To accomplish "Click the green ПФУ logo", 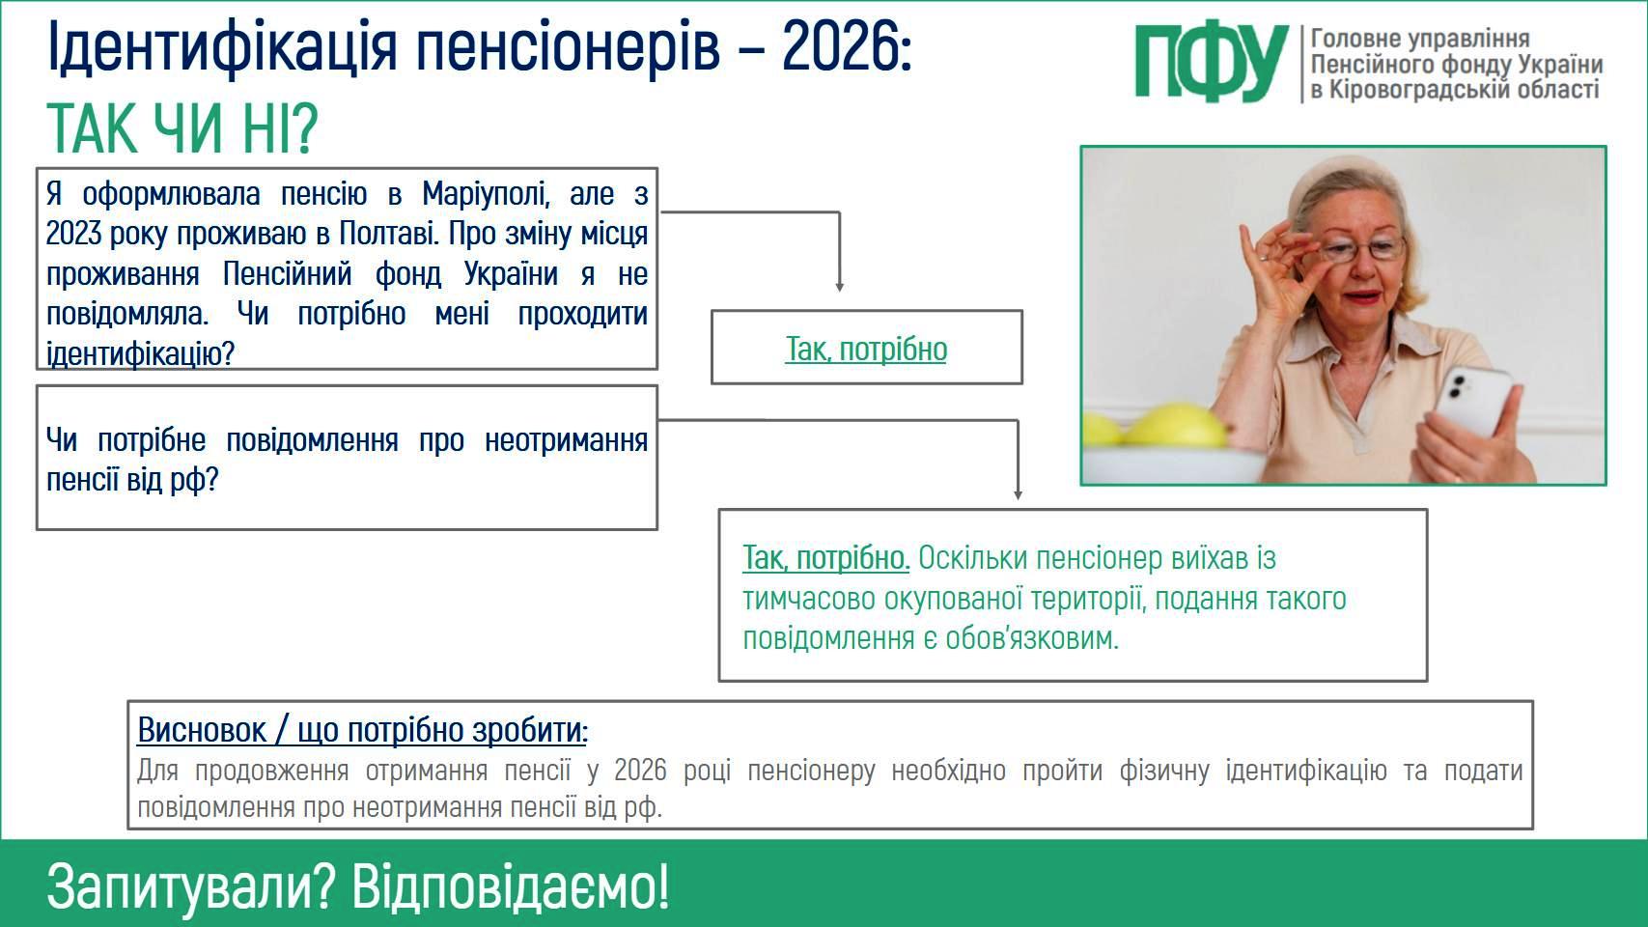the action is click(x=1212, y=64).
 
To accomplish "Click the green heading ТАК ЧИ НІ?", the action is click(x=182, y=128).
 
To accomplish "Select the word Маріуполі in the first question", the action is click(x=486, y=194).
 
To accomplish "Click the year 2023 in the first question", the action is click(x=73, y=234).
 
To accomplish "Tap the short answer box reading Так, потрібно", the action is click(x=867, y=348).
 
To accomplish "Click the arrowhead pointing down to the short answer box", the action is click(x=840, y=287).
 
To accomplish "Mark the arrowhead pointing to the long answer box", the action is click(x=1019, y=495).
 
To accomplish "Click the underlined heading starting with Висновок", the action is click(x=363, y=730).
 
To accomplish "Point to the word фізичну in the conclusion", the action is click(x=1164, y=771).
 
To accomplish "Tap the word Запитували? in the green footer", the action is click(x=191, y=887).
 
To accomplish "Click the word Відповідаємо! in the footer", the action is click(x=511, y=885).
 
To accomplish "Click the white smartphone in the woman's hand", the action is click(x=1471, y=401).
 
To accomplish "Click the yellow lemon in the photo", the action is click(x=1176, y=425).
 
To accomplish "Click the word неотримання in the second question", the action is click(x=566, y=440).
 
